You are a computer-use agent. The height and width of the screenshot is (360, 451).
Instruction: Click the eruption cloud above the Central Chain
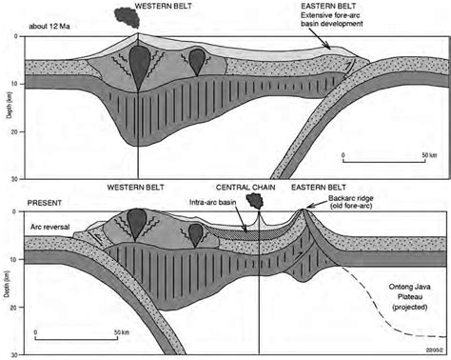point(256,201)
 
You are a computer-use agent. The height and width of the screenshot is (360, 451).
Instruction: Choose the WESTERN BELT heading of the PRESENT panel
point(129,188)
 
